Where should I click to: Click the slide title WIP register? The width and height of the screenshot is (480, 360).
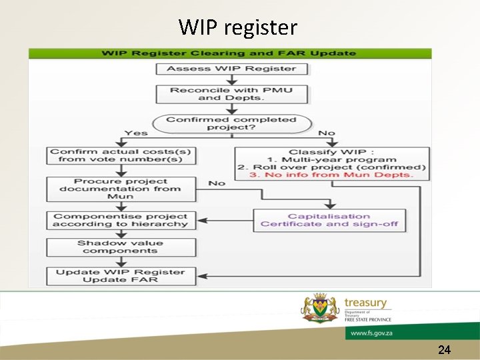[x=237, y=27]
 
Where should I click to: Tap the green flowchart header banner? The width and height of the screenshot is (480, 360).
[x=229, y=53]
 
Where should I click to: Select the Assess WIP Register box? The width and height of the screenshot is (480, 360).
[x=231, y=69]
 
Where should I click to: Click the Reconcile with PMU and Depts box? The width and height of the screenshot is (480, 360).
[x=231, y=94]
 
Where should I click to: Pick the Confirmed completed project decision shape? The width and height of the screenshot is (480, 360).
[x=231, y=123]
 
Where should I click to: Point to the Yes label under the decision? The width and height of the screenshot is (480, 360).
[x=136, y=133]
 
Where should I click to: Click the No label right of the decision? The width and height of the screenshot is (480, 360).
[x=327, y=133]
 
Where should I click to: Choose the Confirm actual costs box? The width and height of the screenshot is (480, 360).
[x=121, y=155]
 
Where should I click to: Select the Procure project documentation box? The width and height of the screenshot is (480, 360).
[x=121, y=189]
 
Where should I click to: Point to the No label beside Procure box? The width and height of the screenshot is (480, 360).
[x=217, y=183]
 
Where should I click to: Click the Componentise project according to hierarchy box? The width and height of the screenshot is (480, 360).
[x=121, y=220]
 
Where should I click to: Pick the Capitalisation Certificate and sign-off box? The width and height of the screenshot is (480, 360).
[x=329, y=220]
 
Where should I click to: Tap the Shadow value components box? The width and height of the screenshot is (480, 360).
[x=121, y=247]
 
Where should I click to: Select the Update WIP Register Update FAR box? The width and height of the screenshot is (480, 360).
[x=121, y=276]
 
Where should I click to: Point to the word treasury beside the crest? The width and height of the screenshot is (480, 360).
[x=365, y=303]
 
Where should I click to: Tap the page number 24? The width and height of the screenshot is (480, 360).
[x=445, y=349]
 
